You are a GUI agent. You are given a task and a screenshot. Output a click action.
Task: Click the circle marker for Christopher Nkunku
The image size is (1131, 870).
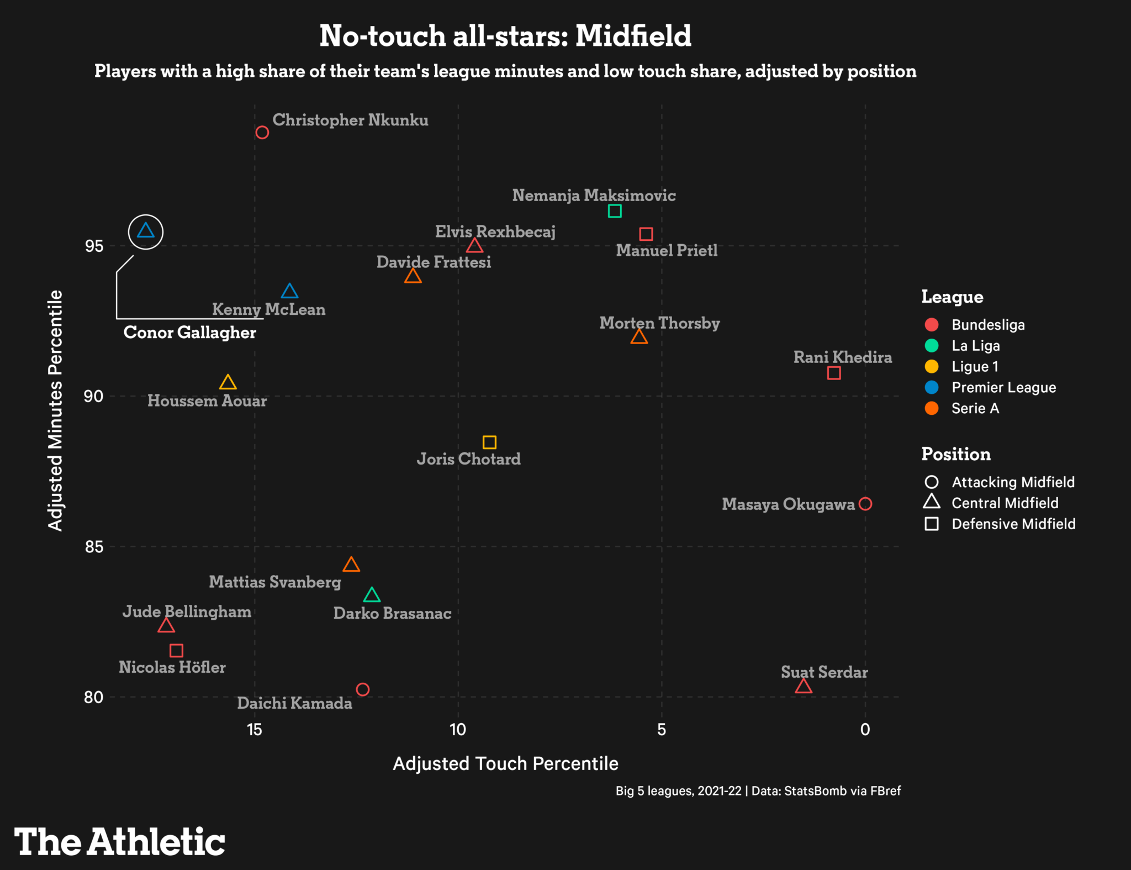coord(262,133)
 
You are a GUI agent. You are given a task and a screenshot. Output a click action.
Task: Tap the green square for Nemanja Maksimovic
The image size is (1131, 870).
coord(615,211)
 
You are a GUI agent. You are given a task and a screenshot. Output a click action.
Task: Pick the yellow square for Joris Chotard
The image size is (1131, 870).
coord(489,442)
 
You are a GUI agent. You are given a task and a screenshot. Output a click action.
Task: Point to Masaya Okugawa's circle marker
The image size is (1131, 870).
coord(865,504)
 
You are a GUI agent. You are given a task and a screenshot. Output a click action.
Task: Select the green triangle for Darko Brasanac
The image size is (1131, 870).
coord(372,595)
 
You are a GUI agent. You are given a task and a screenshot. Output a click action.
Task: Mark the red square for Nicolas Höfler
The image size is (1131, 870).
coord(176,651)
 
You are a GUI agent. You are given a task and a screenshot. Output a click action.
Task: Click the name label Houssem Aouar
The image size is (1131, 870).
coord(207,401)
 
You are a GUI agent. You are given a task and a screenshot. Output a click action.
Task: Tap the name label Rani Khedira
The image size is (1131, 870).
coord(843,357)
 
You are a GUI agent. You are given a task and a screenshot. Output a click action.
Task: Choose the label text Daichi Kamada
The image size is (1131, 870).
coord(294,703)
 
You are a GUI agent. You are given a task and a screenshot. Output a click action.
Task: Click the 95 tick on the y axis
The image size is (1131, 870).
coord(94,246)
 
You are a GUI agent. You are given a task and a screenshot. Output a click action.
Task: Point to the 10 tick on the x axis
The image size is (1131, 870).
coord(458,730)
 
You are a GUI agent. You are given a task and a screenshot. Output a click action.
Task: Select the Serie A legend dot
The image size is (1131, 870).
coord(932,409)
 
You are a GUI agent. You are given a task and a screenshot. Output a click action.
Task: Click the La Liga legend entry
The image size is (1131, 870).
coord(975,346)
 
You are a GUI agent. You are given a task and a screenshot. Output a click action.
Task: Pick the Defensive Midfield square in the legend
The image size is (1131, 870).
coord(932,524)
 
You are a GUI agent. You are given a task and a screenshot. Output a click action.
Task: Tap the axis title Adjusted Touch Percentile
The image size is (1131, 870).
coord(505,763)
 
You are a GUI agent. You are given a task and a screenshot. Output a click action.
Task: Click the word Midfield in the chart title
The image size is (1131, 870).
coord(633,36)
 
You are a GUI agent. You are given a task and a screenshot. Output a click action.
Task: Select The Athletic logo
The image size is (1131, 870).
coord(119,842)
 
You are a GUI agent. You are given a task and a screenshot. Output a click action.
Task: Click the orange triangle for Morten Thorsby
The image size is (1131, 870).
coord(639,337)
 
